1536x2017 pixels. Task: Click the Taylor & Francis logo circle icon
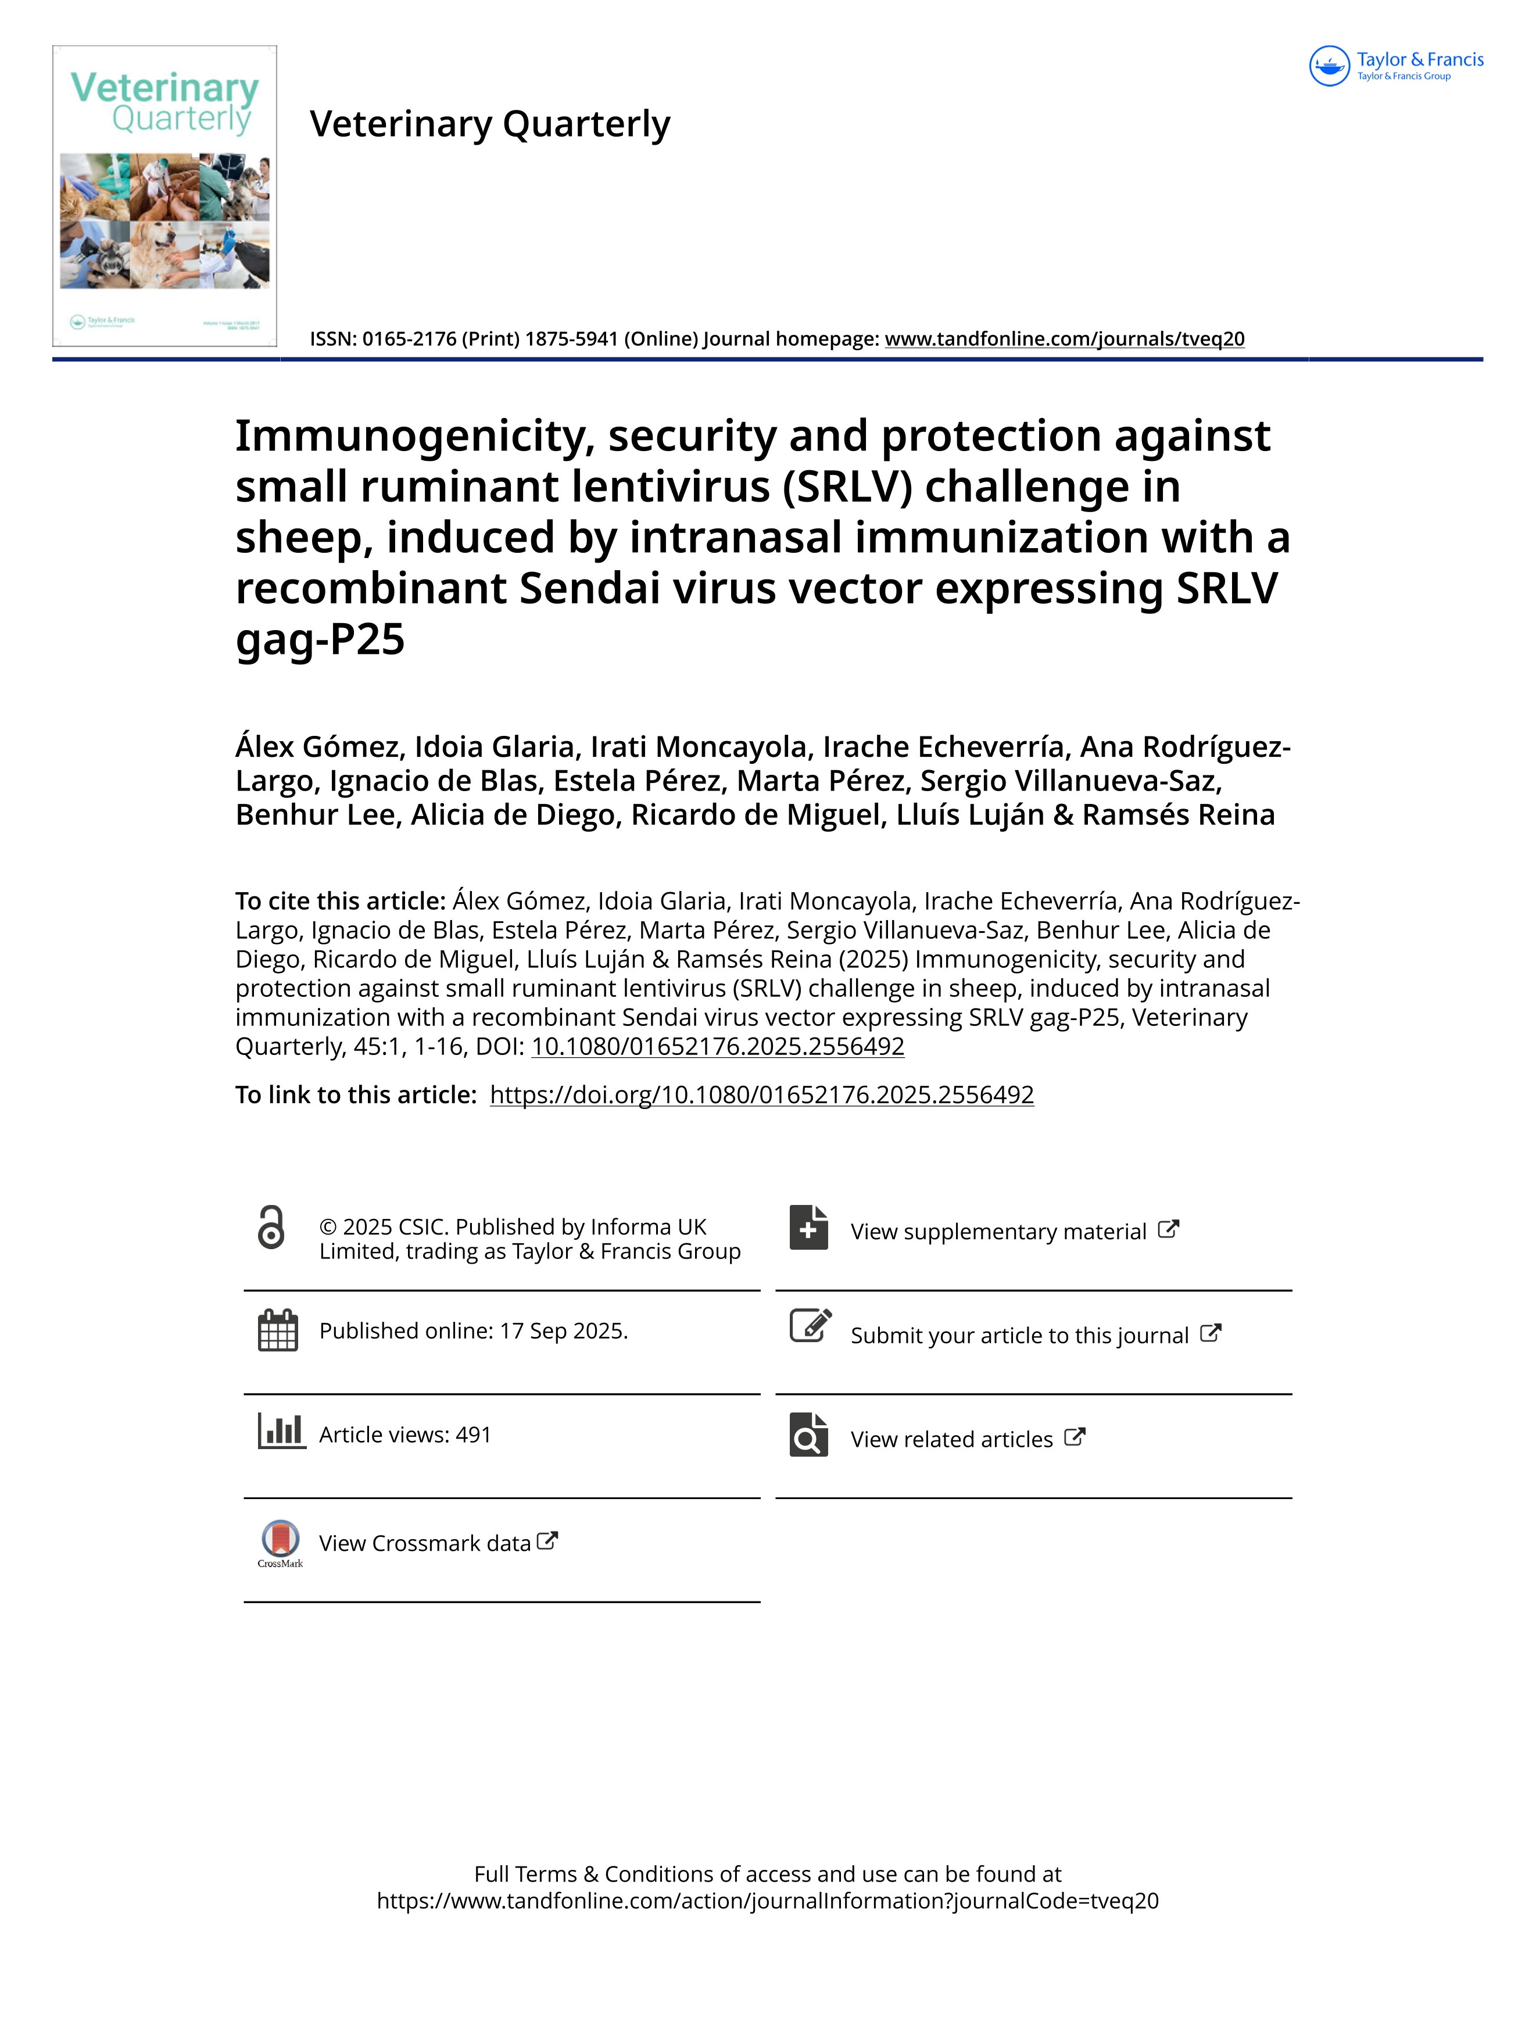click(x=1329, y=66)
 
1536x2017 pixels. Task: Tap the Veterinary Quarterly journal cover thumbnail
click(x=164, y=196)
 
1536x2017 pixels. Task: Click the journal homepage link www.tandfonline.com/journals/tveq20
click(x=1064, y=339)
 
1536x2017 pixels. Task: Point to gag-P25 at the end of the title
click(x=320, y=639)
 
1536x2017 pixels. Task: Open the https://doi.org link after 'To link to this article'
click(x=761, y=1095)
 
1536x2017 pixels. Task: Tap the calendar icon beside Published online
click(x=278, y=1331)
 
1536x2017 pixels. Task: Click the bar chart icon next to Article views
click(x=281, y=1431)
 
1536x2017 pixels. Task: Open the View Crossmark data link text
click(x=425, y=1543)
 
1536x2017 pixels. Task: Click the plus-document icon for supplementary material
click(x=809, y=1228)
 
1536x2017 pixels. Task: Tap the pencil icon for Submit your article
click(x=810, y=1326)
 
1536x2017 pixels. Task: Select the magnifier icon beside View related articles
click(x=809, y=1436)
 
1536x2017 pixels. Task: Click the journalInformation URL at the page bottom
click(x=767, y=1901)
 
